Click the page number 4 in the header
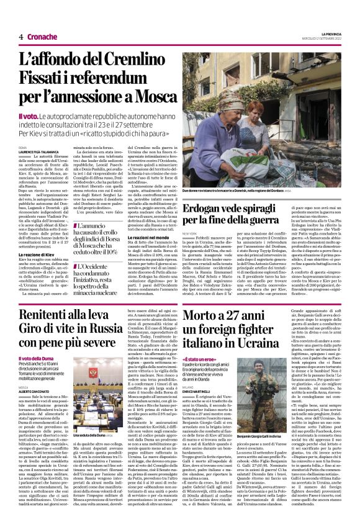[x=21, y=37]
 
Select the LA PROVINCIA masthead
[x=331, y=33]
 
